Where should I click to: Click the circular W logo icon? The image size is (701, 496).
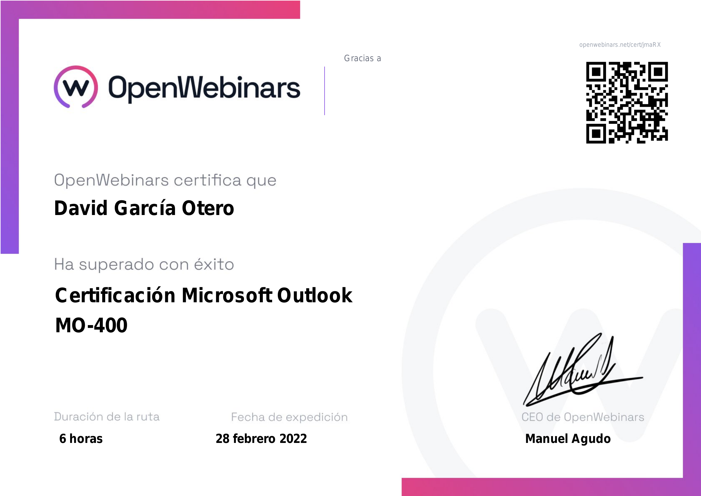76,87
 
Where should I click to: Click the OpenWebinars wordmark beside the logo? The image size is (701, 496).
204,88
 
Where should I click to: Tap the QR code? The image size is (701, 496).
627,103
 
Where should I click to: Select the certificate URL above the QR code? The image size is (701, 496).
620,45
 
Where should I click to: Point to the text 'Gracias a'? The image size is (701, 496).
362,58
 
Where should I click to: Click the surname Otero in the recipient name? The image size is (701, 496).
208,208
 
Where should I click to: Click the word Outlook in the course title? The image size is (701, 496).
315,295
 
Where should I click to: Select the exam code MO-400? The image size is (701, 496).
91,325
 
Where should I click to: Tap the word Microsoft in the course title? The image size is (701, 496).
227,295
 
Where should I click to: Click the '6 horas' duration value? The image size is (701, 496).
81,439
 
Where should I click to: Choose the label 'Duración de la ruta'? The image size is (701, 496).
107,417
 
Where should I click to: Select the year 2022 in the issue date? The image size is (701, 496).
293,439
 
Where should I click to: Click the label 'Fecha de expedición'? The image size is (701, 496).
290,417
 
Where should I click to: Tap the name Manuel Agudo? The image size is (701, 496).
568,439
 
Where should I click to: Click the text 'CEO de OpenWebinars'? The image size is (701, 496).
583,417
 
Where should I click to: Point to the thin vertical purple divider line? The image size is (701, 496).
325,91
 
